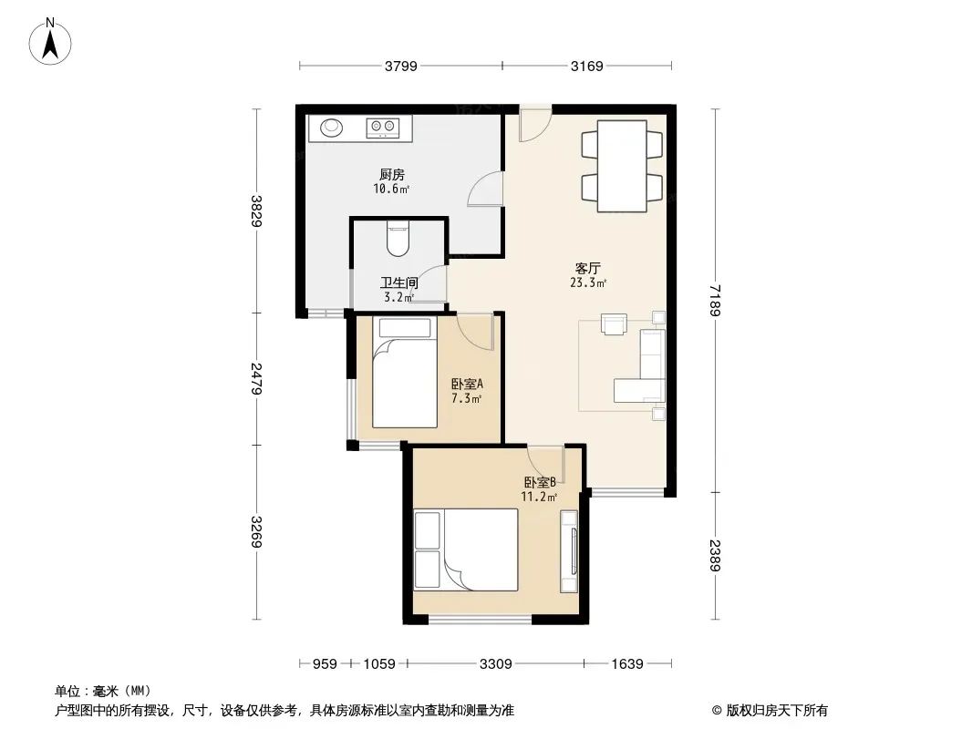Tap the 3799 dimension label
(400, 67)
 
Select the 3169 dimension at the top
(586, 67)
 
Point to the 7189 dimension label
(715, 300)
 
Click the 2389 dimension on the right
(715, 556)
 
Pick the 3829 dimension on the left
(256, 210)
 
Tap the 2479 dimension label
(256, 378)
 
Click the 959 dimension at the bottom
(325, 664)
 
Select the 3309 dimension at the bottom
(495, 664)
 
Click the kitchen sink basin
(331, 127)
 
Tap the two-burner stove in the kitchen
(382, 128)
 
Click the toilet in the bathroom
(398, 239)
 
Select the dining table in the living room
(622, 166)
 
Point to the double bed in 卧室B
(466, 549)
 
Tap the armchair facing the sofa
(614, 324)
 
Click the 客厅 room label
(587, 268)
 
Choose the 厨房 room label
(392, 175)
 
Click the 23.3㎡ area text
(587, 283)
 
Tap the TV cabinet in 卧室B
(569, 550)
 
